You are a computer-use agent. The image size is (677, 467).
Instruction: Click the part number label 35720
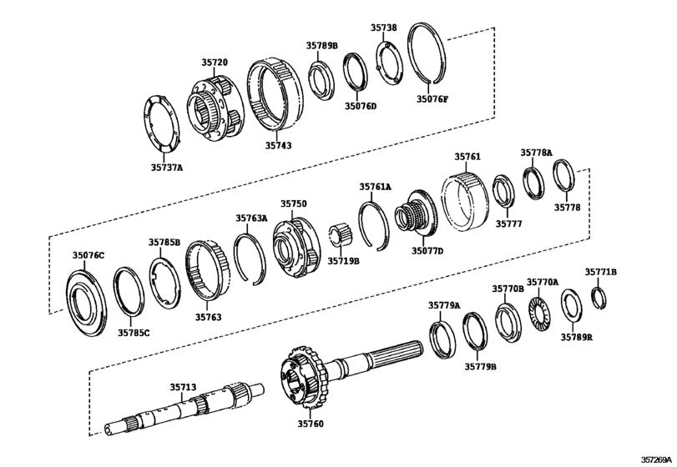click(214, 62)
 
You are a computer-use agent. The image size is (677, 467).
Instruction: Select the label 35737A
click(166, 168)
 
